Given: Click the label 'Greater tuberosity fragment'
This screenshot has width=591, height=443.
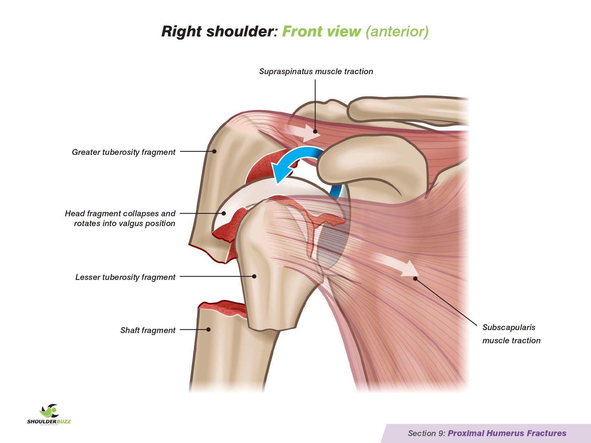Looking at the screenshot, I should tap(123, 152).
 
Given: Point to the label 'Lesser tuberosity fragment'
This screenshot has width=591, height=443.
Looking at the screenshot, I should tap(125, 277).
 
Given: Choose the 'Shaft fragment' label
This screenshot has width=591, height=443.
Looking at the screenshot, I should tap(148, 330).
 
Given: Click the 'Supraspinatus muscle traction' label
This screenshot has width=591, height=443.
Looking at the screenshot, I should tap(316, 72).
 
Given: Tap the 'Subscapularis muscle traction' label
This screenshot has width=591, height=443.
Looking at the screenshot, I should tap(511, 334).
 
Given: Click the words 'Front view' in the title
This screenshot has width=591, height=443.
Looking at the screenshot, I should tap(321, 32).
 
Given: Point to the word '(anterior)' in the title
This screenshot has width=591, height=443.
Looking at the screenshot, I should tap(397, 32).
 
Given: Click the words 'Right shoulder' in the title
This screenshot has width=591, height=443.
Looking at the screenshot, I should tap(218, 32).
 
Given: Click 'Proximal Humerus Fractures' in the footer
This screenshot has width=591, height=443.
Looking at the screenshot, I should tap(507, 433).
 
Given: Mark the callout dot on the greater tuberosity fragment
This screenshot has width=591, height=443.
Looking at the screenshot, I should tap(214, 151).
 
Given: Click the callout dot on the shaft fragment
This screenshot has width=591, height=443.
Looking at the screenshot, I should tap(208, 329).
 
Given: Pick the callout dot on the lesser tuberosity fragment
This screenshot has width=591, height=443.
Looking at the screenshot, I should tap(254, 276).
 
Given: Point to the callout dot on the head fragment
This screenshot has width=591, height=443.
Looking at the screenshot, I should tap(224, 213).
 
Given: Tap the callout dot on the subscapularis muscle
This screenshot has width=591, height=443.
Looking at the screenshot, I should tap(415, 279).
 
